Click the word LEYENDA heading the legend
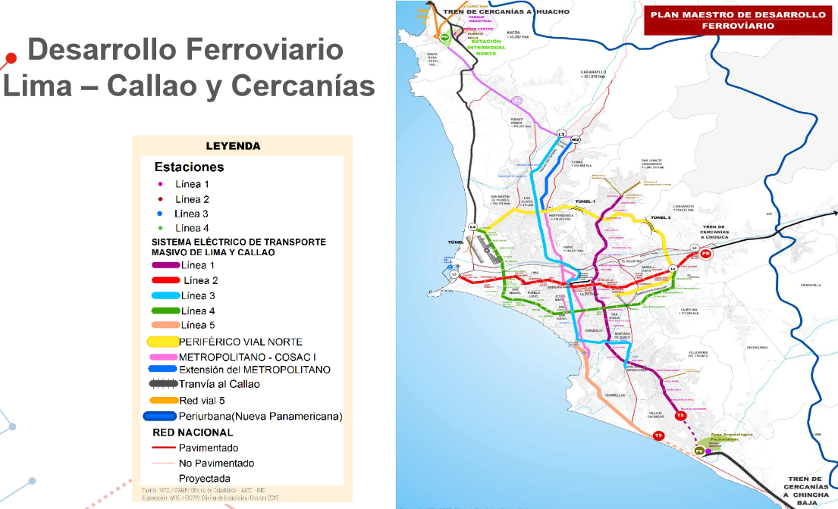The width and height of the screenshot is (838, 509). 233,146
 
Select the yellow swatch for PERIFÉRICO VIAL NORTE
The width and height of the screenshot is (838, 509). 162,342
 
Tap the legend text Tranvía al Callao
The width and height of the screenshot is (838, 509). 219,384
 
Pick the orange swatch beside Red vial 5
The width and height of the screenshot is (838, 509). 163,400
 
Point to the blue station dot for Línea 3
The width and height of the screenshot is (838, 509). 159,214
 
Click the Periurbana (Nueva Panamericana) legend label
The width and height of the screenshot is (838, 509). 260,416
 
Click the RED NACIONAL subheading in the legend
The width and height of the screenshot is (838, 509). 193,432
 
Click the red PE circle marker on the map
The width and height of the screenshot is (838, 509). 706,254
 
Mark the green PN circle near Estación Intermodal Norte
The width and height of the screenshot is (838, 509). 445,36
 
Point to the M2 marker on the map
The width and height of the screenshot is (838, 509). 575,140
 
